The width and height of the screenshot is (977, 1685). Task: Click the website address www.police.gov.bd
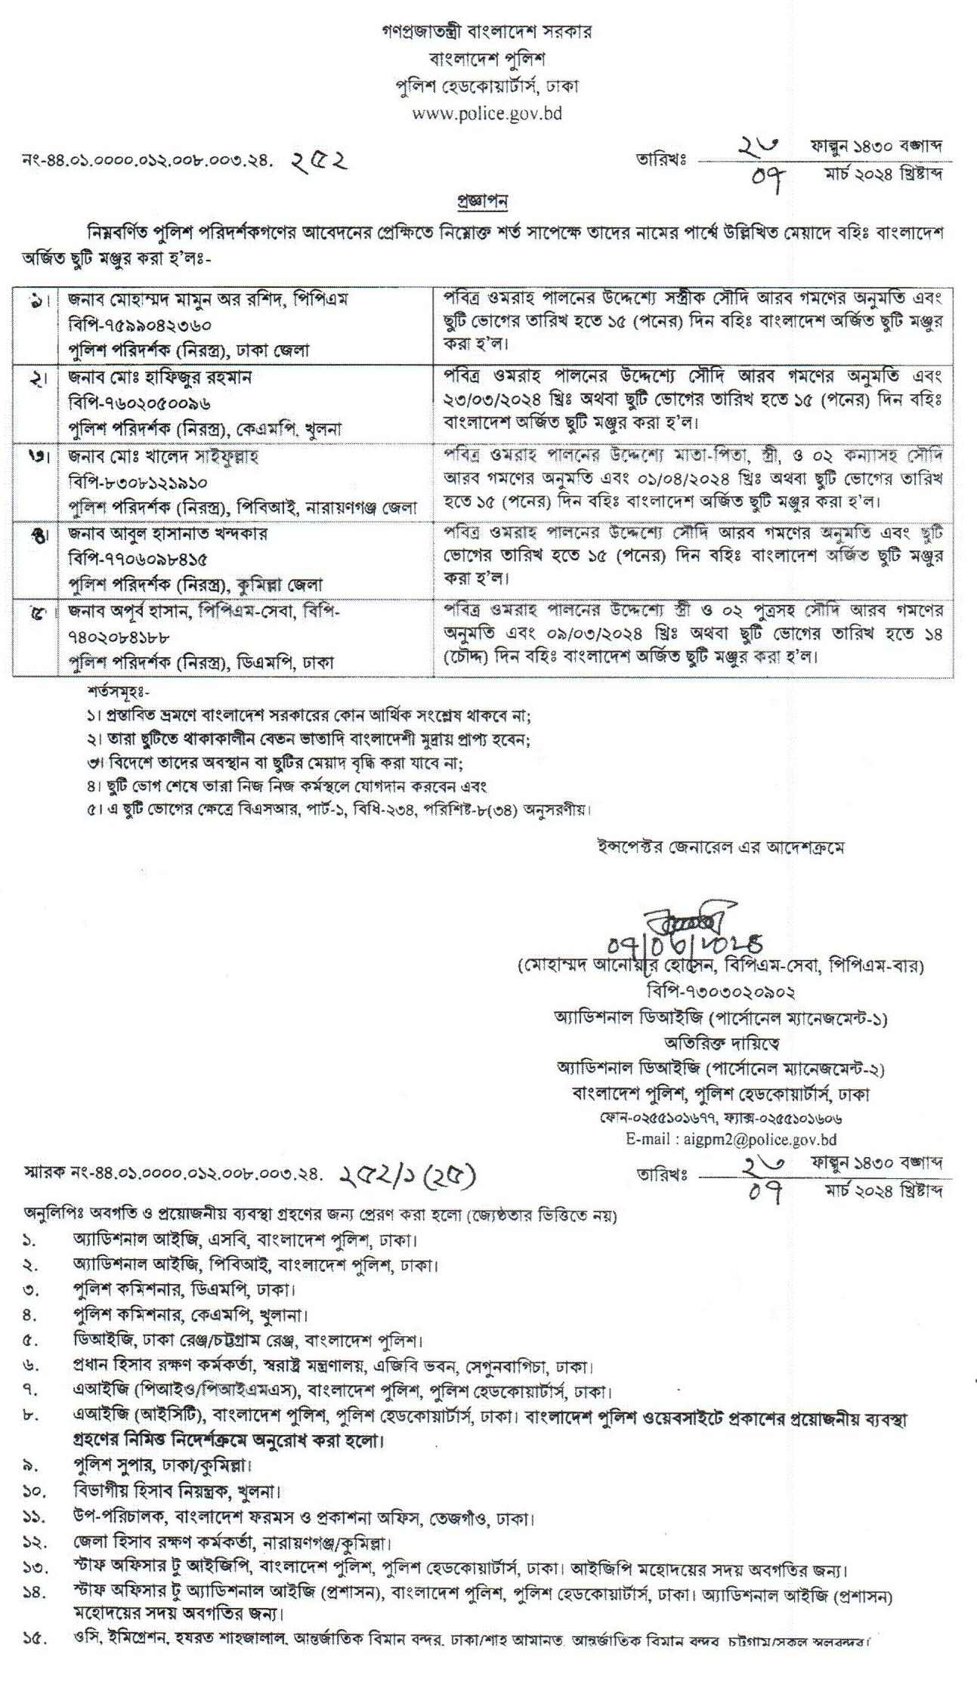[487, 114]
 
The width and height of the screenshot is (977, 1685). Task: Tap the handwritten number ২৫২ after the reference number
[318, 160]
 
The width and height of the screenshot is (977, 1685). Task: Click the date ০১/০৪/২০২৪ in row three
[639, 479]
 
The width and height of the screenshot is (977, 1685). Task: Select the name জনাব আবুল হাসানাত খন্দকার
[167, 533]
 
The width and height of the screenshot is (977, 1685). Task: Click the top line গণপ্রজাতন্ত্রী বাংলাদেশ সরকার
[487, 31]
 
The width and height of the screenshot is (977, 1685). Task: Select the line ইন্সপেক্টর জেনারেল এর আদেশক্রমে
[717, 847]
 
